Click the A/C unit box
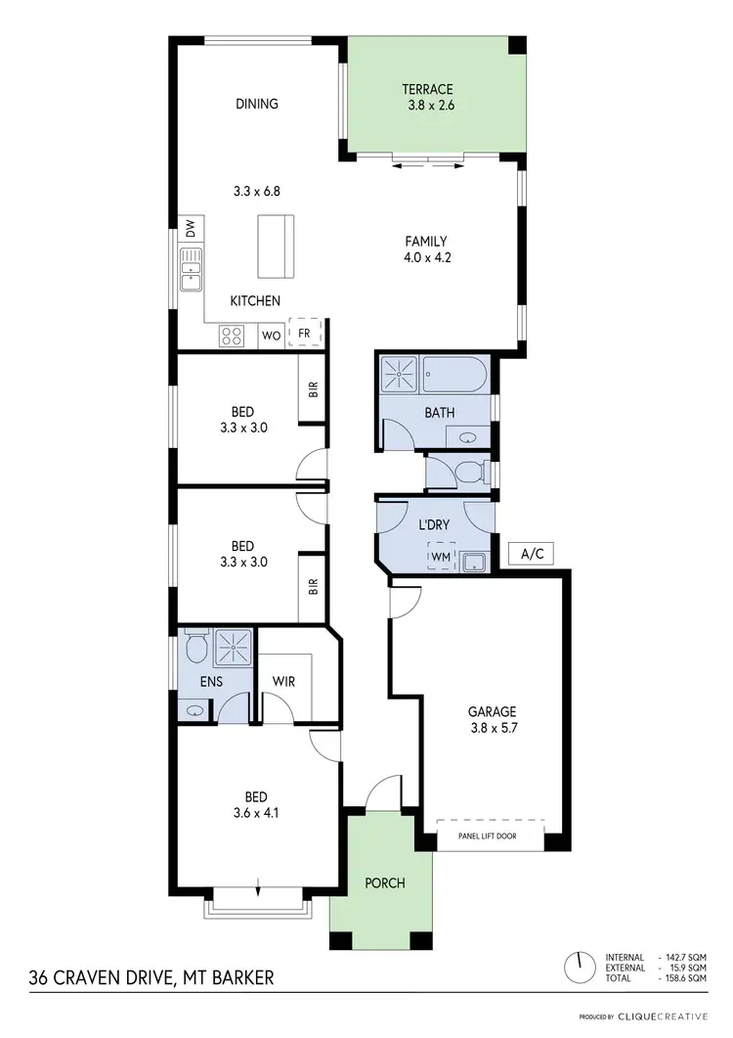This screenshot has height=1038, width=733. click(x=532, y=554)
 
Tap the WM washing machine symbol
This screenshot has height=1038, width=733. click(x=441, y=557)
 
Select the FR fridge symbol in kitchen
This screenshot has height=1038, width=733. click(x=304, y=333)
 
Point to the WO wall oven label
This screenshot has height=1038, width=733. click(x=272, y=336)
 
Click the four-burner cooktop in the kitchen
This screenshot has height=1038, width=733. click(x=233, y=336)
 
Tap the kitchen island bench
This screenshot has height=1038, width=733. click(x=275, y=247)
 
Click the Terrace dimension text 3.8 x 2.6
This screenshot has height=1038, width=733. click(x=435, y=106)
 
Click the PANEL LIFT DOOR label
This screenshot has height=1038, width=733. click(x=487, y=836)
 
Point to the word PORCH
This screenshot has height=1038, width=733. click(x=385, y=883)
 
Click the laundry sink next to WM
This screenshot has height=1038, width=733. click(x=476, y=561)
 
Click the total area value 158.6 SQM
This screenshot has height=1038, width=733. click(x=684, y=977)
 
